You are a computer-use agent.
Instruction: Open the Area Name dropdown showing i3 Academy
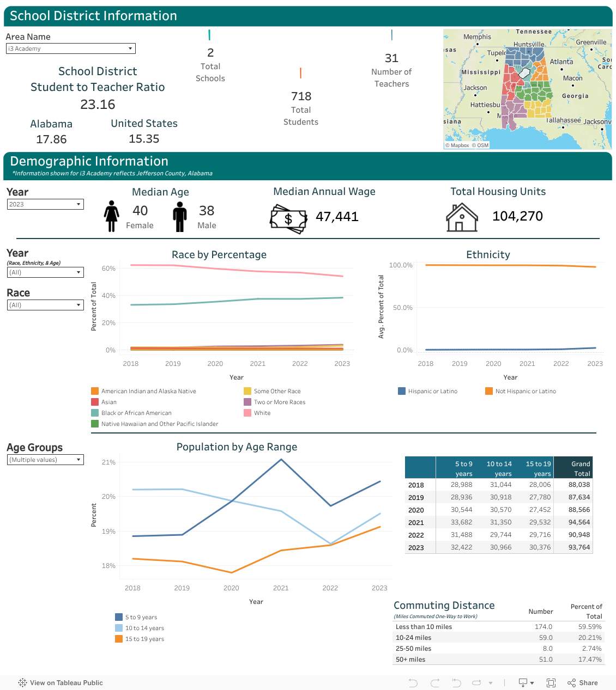(x=70, y=48)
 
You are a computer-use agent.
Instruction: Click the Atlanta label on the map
(x=561, y=62)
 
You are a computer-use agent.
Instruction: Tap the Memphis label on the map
(x=477, y=37)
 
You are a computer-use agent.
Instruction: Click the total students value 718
(x=301, y=96)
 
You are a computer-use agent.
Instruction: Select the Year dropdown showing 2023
(x=45, y=204)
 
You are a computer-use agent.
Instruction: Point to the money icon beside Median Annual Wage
(x=288, y=218)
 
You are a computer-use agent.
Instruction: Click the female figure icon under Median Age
(x=111, y=216)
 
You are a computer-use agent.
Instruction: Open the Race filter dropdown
(x=45, y=305)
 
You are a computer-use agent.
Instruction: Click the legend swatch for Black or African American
(x=95, y=413)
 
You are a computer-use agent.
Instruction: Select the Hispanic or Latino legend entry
(x=428, y=391)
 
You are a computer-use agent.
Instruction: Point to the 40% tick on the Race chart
(x=108, y=296)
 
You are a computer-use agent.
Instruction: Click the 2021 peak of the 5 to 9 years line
(x=281, y=460)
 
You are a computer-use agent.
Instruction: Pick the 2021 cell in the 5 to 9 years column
(x=461, y=522)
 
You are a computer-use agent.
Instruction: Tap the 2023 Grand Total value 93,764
(x=579, y=547)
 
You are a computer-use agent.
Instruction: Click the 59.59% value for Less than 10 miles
(x=590, y=626)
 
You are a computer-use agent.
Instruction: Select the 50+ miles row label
(x=410, y=659)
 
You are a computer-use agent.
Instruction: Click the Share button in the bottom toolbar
(x=582, y=682)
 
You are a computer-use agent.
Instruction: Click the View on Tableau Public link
(x=61, y=682)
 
